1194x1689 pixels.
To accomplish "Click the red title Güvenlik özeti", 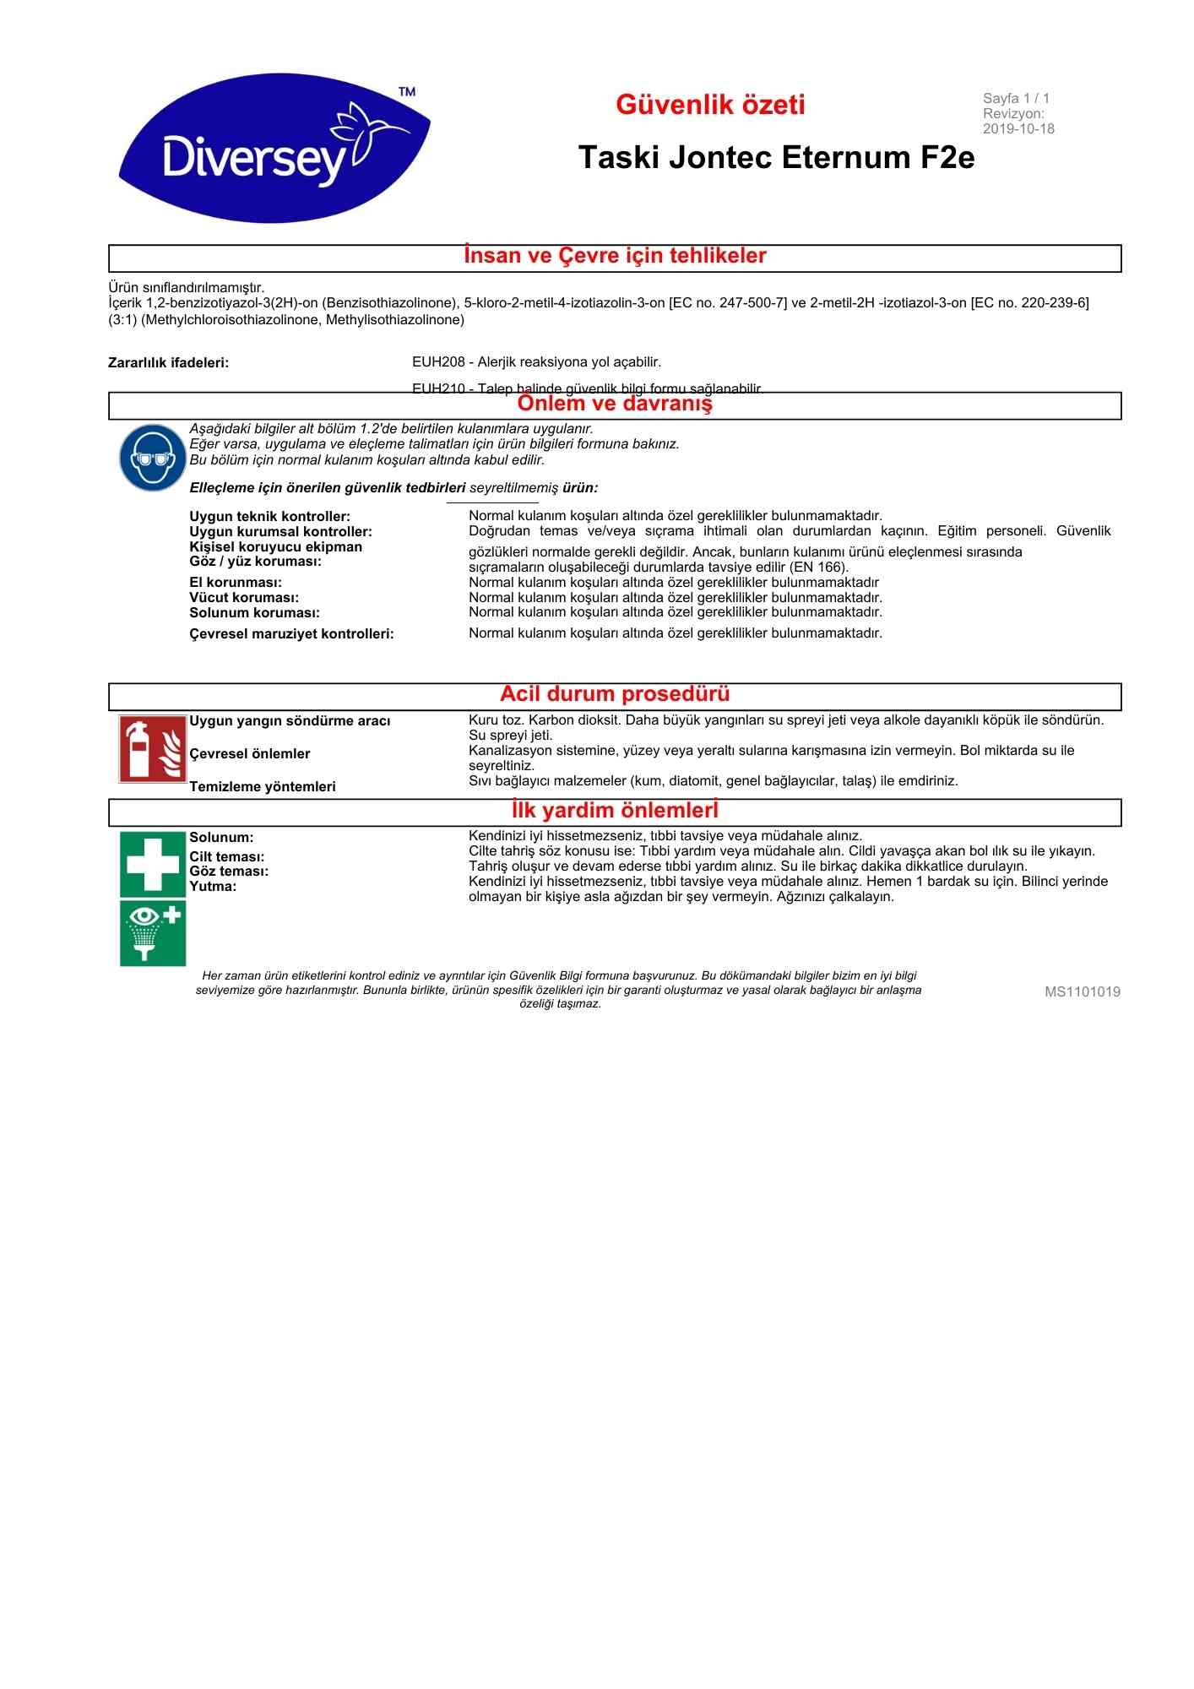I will point(710,105).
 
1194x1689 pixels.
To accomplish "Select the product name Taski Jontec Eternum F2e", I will point(776,158).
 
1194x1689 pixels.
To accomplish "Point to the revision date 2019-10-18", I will point(1018,129).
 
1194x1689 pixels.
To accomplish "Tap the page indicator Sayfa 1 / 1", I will point(1016,99).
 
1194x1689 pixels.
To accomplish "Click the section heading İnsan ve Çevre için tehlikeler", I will point(615,256).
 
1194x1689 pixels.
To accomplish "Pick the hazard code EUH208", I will point(438,362).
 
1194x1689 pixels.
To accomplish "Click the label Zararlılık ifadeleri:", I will point(169,363).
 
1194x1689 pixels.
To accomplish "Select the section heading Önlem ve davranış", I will point(615,404).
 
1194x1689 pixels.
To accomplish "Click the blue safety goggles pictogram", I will point(152,458).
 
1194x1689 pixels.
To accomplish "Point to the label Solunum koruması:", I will point(254,613).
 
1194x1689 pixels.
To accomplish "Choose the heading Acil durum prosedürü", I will point(615,694).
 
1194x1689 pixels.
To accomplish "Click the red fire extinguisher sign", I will point(152,749).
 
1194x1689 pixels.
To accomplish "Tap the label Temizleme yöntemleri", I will point(263,787).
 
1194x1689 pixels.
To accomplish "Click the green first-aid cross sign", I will point(152,863).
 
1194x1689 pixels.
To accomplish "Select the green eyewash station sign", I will point(152,932).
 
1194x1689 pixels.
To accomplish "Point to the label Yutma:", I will point(213,887).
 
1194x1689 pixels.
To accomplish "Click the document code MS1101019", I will point(1082,992).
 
